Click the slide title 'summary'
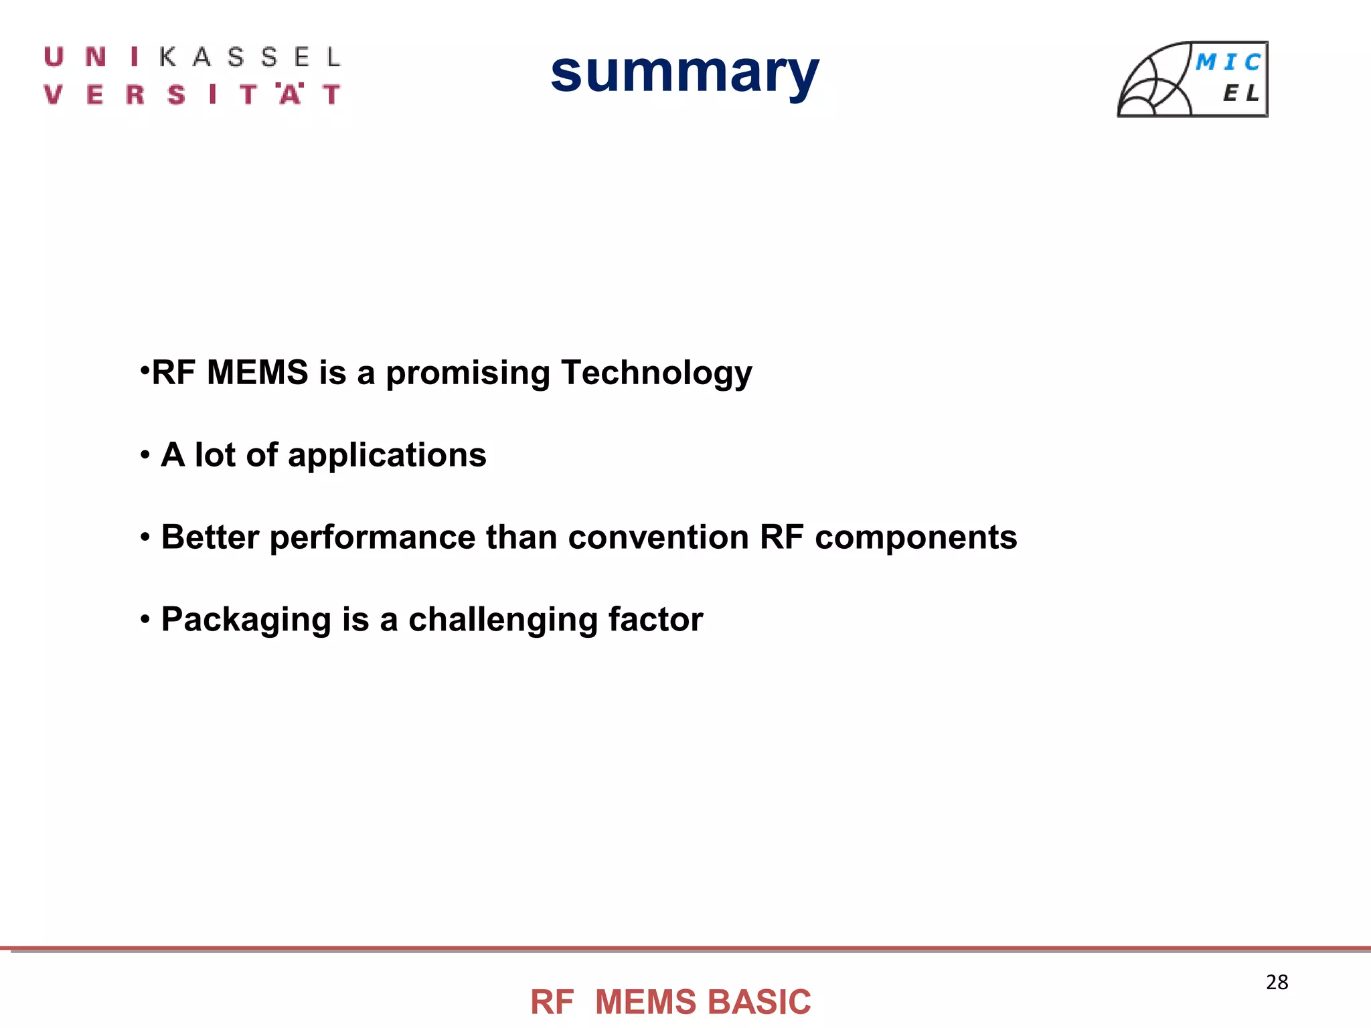pyautogui.click(x=684, y=74)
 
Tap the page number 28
pyautogui.click(x=1277, y=982)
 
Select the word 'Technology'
pyautogui.click(x=656, y=373)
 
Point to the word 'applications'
pyautogui.click(x=387, y=456)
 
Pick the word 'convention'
pyautogui.click(x=658, y=537)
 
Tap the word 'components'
pyautogui.click(x=915, y=537)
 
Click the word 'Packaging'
pyautogui.click(x=246, y=620)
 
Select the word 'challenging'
pyautogui.click(x=503, y=620)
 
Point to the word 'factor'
pyautogui.click(x=655, y=619)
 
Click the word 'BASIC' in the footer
pyautogui.click(x=759, y=1003)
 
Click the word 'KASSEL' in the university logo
pyautogui.click(x=250, y=58)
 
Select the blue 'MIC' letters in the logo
pyautogui.click(x=1228, y=62)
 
